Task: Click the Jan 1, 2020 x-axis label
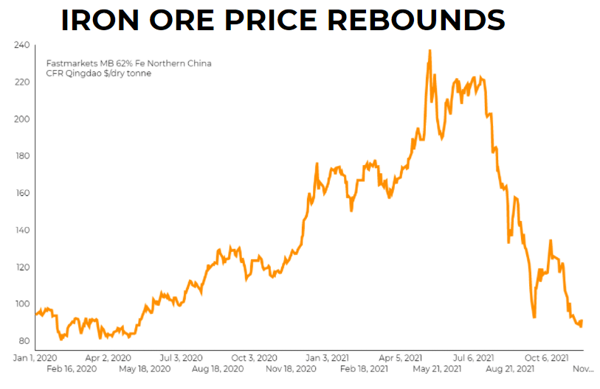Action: [x=36, y=357]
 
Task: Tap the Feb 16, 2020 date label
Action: [x=72, y=368]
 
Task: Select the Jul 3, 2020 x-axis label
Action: [x=181, y=357]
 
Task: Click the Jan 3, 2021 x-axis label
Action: [x=327, y=357]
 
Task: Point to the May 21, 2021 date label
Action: [x=437, y=368]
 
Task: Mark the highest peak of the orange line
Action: [x=430, y=50]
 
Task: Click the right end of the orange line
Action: [x=582, y=320]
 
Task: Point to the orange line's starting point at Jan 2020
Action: [x=35, y=315]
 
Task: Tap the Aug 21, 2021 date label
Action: [x=509, y=368]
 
